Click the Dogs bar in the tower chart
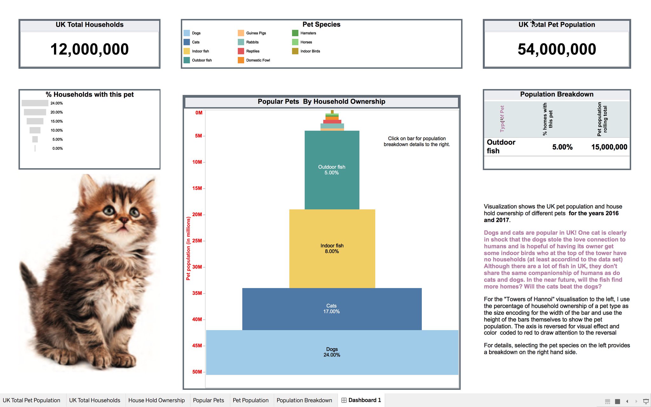pos(332,352)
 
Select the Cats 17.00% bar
pos(332,309)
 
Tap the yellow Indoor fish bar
pos(332,248)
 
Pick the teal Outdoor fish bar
pos(332,170)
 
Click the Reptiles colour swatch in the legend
pos(241,51)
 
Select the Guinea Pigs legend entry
pos(256,33)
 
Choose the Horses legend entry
pos(306,42)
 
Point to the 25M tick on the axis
pos(197,241)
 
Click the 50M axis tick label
pos(197,372)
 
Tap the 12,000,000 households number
pos(89,49)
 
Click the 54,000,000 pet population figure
pos(557,49)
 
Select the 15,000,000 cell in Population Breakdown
pos(609,147)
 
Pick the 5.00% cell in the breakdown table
pos(562,147)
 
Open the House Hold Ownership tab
pos(156,400)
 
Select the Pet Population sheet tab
pos(250,400)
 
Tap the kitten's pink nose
pos(124,220)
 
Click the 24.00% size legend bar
pos(35,103)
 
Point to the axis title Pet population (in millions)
pos(188,248)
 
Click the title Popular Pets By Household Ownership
pos(321,101)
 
